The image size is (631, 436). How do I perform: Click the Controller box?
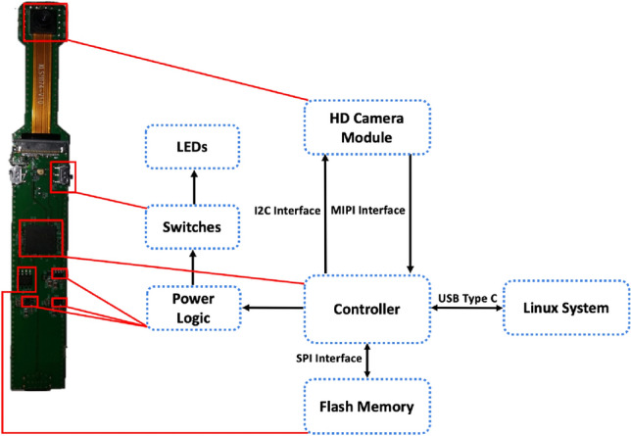click(365, 309)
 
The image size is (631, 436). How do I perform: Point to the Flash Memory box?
click(367, 405)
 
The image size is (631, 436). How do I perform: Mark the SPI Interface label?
click(318, 358)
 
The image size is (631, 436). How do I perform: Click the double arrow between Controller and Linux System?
click(463, 310)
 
